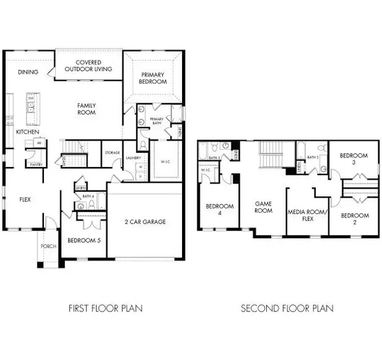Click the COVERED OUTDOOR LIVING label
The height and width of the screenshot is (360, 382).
click(x=89, y=65)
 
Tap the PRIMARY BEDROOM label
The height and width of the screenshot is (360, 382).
click(x=153, y=78)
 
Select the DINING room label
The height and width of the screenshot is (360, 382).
click(x=27, y=72)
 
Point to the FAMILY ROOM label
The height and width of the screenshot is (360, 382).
click(x=86, y=108)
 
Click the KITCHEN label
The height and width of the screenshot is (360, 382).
click(x=27, y=132)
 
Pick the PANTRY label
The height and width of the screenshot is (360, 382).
click(x=27, y=164)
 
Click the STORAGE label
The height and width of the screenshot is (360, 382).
click(x=112, y=153)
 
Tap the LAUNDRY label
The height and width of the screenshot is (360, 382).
click(x=132, y=157)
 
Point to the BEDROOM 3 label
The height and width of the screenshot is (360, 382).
click(x=351, y=159)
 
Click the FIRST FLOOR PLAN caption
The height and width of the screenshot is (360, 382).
click(x=105, y=308)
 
